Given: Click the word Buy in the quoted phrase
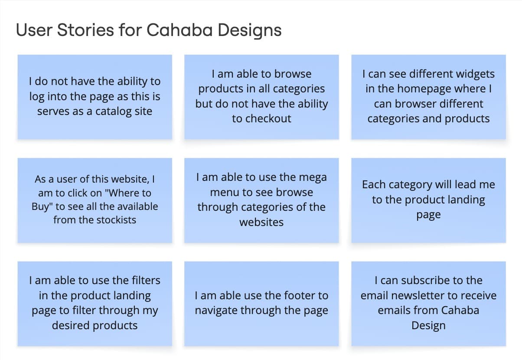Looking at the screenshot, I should (40, 206).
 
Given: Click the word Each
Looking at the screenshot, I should (374, 184).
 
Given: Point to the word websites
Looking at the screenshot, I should (261, 222).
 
